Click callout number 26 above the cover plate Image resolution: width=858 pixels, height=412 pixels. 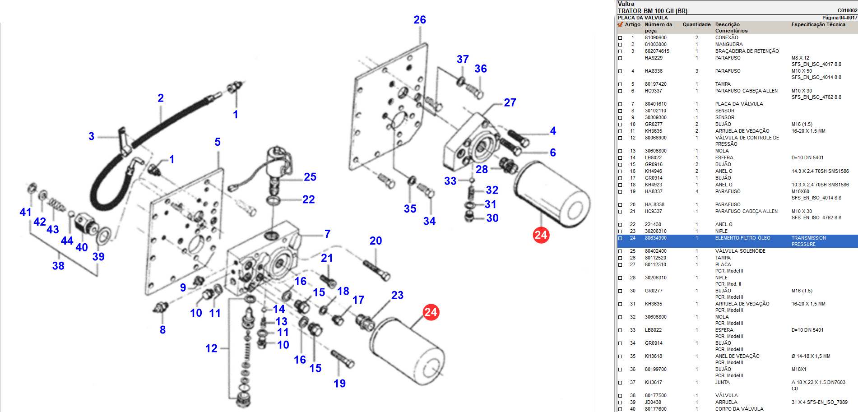pyautogui.click(x=419, y=20)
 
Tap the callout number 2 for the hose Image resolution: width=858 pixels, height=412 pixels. pyautogui.click(x=161, y=98)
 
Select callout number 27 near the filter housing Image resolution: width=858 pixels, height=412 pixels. pyautogui.click(x=510, y=103)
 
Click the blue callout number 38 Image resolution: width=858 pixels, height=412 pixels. pyautogui.click(x=58, y=266)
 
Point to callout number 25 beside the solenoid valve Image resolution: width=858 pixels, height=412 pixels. pyautogui.click(x=310, y=177)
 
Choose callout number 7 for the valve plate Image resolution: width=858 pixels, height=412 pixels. pyautogui.click(x=327, y=234)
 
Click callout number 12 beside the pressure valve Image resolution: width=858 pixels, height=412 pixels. pyautogui.click(x=211, y=348)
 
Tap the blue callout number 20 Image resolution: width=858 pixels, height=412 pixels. pyautogui.click(x=376, y=241)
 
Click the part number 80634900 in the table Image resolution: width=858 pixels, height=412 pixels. pyautogui.click(x=655, y=238)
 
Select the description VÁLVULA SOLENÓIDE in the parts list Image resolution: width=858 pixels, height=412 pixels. pyautogui.click(x=740, y=251)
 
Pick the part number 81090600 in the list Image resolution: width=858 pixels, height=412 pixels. pyautogui.click(x=655, y=38)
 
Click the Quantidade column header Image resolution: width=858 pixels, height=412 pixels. pyautogui.click(x=696, y=24)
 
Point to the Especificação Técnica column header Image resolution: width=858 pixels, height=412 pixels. pyautogui.click(x=818, y=24)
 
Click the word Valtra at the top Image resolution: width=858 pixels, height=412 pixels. pyautogui.click(x=626, y=4)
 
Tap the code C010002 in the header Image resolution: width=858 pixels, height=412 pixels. pyautogui.click(x=847, y=10)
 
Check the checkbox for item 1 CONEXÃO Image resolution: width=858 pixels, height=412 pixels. pyautogui.click(x=620, y=38)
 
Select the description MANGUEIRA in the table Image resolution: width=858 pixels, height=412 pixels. pyautogui.click(x=728, y=44)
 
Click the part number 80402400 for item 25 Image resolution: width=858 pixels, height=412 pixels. pyautogui.click(x=655, y=251)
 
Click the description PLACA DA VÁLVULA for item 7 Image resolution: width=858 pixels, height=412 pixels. pyautogui.click(x=739, y=104)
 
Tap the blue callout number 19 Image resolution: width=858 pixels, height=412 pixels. pyautogui.click(x=339, y=384)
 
